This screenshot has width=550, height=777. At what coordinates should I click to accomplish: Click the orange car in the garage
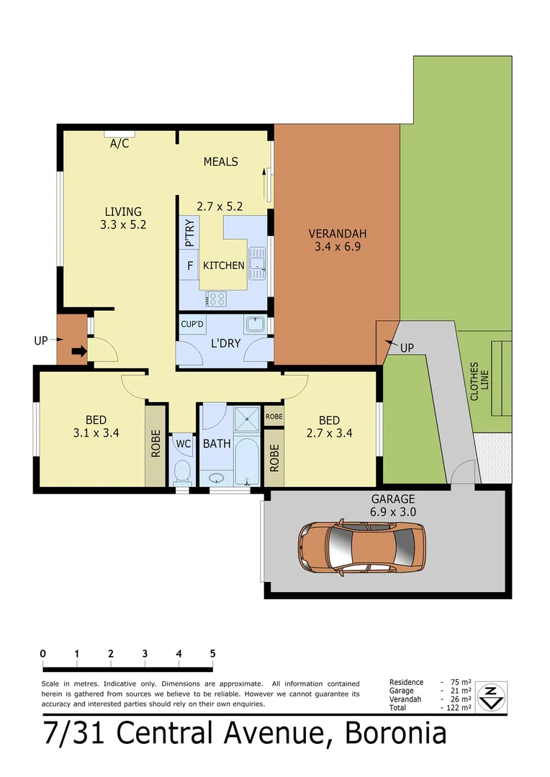(x=361, y=542)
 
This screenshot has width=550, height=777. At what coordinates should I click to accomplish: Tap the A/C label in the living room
(x=119, y=144)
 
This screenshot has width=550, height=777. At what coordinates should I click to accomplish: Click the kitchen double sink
(x=257, y=262)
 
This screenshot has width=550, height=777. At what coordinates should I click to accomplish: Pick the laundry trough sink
(x=255, y=325)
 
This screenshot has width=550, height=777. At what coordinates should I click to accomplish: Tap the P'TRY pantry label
(x=189, y=237)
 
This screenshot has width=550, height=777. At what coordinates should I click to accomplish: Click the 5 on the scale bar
(x=212, y=653)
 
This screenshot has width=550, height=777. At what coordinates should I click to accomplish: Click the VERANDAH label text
(x=338, y=233)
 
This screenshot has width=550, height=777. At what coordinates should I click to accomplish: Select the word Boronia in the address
(x=396, y=734)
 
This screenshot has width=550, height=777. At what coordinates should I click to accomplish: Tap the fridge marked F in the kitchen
(x=190, y=265)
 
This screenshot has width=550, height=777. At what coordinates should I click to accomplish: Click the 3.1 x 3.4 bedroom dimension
(x=96, y=433)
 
